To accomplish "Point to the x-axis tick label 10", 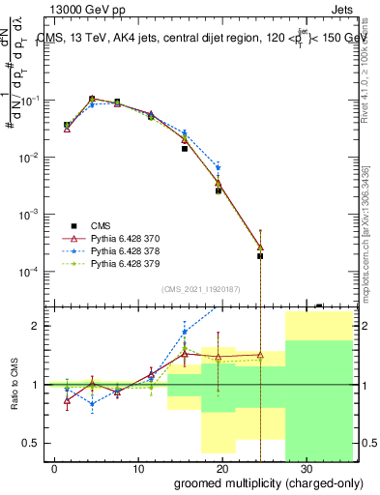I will coord(138,467).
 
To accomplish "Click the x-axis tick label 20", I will coord(222,467).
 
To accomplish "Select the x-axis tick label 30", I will coord(307,467).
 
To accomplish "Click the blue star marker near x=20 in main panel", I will coord(219,167).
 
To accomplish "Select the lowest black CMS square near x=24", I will coord(260,256).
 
